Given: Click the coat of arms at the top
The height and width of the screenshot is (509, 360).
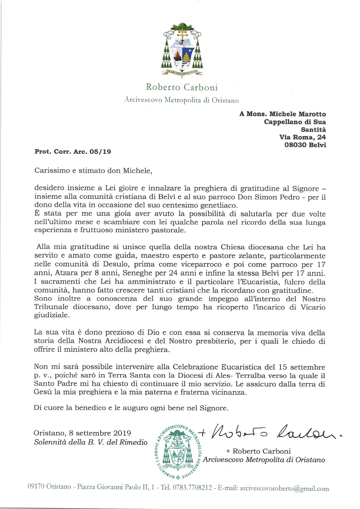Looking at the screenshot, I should coord(182,49).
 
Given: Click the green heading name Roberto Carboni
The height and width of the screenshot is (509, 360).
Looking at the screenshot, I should coord(182,87).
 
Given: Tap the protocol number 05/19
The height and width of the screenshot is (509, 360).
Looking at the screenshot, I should coord(100,151).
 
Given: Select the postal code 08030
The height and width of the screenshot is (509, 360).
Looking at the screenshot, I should coord(295,145).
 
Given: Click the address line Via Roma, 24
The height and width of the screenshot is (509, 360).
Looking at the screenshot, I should coord(302,137).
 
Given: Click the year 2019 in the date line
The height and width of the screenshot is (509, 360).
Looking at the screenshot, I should coord(122,433).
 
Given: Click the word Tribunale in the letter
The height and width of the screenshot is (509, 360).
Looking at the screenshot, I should coord(51,307).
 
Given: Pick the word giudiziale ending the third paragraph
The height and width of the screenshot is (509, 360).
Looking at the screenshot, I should coord(51,315).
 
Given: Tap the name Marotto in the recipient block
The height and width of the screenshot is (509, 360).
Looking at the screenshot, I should coord(312,114).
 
